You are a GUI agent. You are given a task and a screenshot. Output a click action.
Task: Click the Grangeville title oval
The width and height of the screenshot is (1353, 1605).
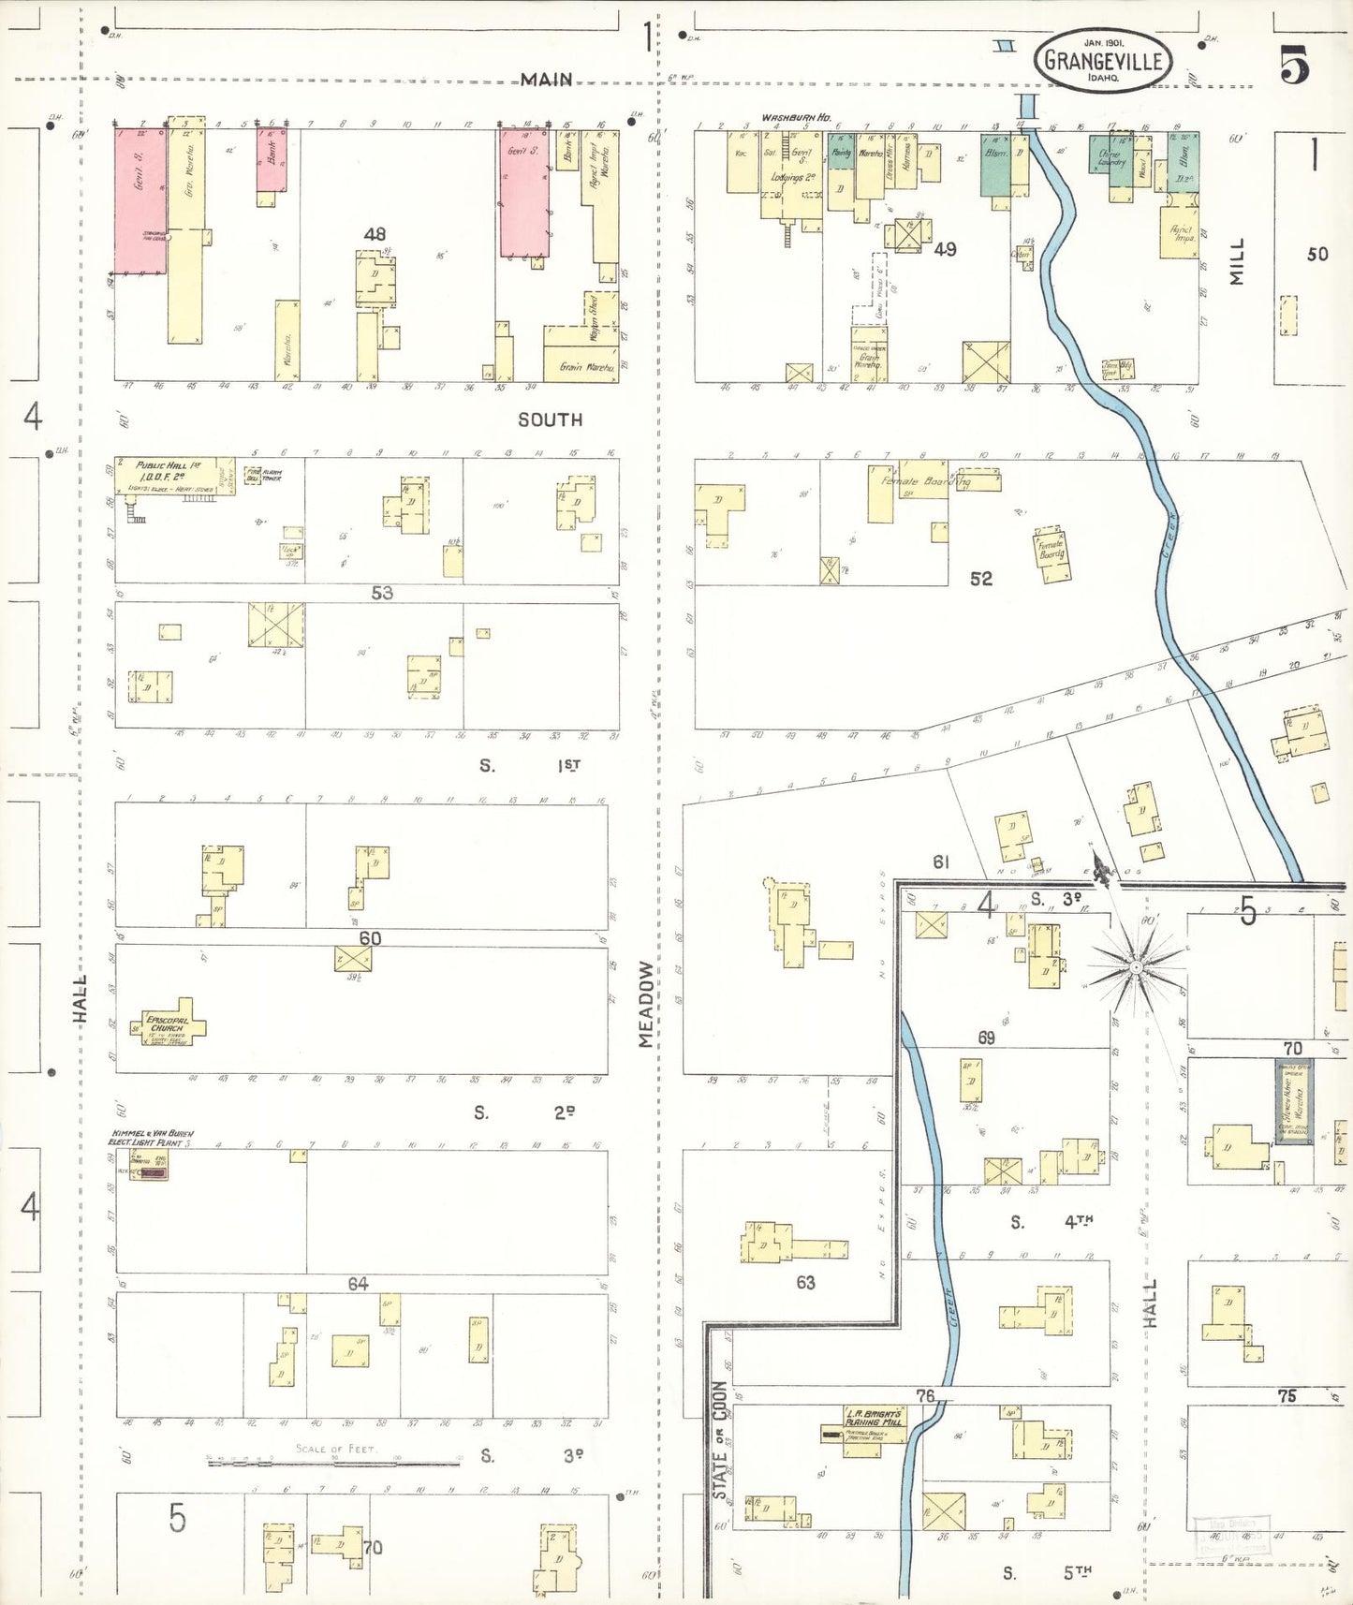[x=1102, y=61]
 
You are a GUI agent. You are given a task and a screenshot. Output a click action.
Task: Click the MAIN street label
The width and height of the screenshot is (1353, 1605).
[x=547, y=81]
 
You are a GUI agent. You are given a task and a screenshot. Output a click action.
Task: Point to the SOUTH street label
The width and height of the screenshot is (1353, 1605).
[x=551, y=420]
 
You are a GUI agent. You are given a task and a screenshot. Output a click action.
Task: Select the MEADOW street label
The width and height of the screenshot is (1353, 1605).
[x=646, y=1005]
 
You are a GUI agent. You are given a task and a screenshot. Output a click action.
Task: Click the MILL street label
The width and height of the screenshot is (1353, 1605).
[x=1238, y=261]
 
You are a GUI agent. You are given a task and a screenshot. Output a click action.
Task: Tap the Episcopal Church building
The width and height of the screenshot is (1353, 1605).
[x=171, y=1027]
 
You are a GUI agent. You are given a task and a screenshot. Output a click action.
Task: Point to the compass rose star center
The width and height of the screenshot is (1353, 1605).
[x=1136, y=966]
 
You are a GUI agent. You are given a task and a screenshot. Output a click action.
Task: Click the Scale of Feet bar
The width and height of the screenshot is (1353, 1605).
[x=334, y=1460]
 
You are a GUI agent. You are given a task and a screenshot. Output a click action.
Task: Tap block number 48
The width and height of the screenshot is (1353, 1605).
[x=375, y=234]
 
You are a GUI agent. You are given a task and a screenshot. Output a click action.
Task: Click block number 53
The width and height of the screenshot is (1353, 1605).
[x=382, y=593]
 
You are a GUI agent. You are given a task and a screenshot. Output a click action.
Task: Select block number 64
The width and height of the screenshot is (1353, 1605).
[x=358, y=1284]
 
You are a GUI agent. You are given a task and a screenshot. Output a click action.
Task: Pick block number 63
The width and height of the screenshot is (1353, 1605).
[x=805, y=1282]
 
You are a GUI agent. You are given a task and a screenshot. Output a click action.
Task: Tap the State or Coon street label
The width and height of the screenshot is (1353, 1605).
[x=719, y=1440]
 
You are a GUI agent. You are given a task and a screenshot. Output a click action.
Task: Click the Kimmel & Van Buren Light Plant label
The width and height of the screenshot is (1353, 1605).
[x=151, y=1138]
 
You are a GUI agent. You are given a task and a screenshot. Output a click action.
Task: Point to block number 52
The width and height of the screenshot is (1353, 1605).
[x=980, y=579]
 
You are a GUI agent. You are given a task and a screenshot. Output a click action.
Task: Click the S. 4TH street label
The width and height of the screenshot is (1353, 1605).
[x=1052, y=1222]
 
